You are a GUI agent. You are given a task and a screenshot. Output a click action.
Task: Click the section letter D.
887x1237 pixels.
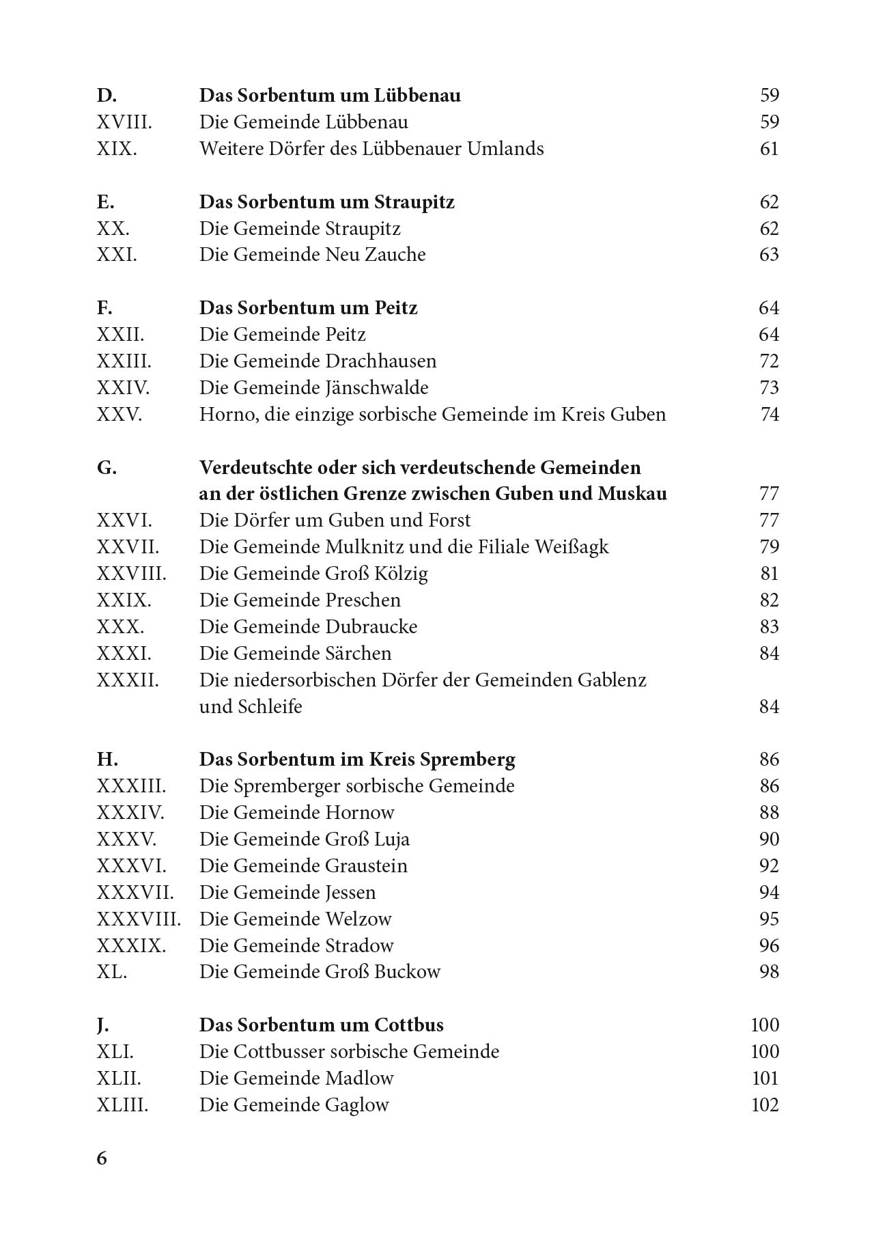pos(107,95)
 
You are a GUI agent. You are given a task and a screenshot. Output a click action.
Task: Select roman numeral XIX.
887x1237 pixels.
pos(117,149)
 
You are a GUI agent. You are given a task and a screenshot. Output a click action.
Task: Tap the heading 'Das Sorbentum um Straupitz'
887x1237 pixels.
pos(326,202)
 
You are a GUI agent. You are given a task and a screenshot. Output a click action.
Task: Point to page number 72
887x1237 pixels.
pos(769,361)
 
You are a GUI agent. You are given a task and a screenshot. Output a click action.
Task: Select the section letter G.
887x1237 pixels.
pos(107,468)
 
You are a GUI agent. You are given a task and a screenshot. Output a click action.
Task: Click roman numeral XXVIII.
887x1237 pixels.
pos(131,574)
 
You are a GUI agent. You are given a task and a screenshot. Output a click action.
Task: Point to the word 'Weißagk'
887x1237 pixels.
pos(572,547)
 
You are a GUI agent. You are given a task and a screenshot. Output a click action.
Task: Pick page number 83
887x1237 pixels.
pos(769,627)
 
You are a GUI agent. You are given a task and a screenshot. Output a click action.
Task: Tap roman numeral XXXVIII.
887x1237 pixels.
pos(139,919)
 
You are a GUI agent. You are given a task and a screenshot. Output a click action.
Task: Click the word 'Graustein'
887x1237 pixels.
pos(366,866)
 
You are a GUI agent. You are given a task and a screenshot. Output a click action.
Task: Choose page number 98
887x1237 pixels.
pos(769,972)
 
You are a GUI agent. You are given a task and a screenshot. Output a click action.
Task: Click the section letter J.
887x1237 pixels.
pos(103,1025)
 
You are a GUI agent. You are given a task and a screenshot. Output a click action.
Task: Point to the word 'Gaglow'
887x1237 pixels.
pos(357,1105)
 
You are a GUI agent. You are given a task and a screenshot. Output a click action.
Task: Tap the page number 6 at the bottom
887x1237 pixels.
pos(102,1158)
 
